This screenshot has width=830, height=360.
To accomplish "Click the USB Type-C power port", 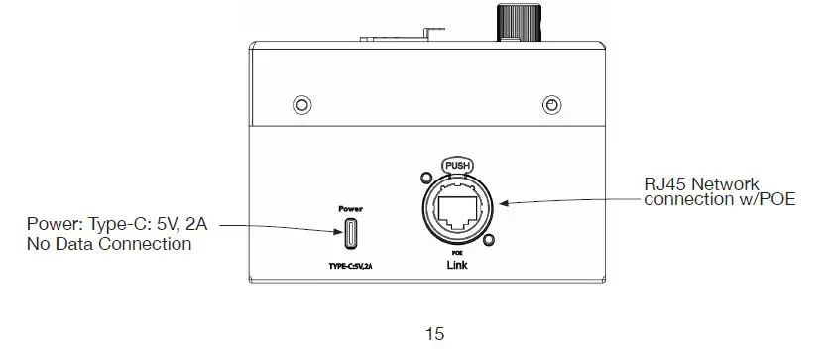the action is [350, 233].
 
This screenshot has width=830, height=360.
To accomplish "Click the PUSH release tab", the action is [457, 166].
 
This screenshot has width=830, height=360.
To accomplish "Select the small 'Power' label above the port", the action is [350, 209].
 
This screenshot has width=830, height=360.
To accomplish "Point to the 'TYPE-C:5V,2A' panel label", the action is [350, 267].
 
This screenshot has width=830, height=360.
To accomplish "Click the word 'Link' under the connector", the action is [457, 265].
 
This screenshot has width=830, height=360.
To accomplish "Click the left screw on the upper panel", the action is [301, 105].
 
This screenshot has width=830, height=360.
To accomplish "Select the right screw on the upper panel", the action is [552, 105].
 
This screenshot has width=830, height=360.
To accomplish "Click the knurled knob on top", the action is [519, 22].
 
